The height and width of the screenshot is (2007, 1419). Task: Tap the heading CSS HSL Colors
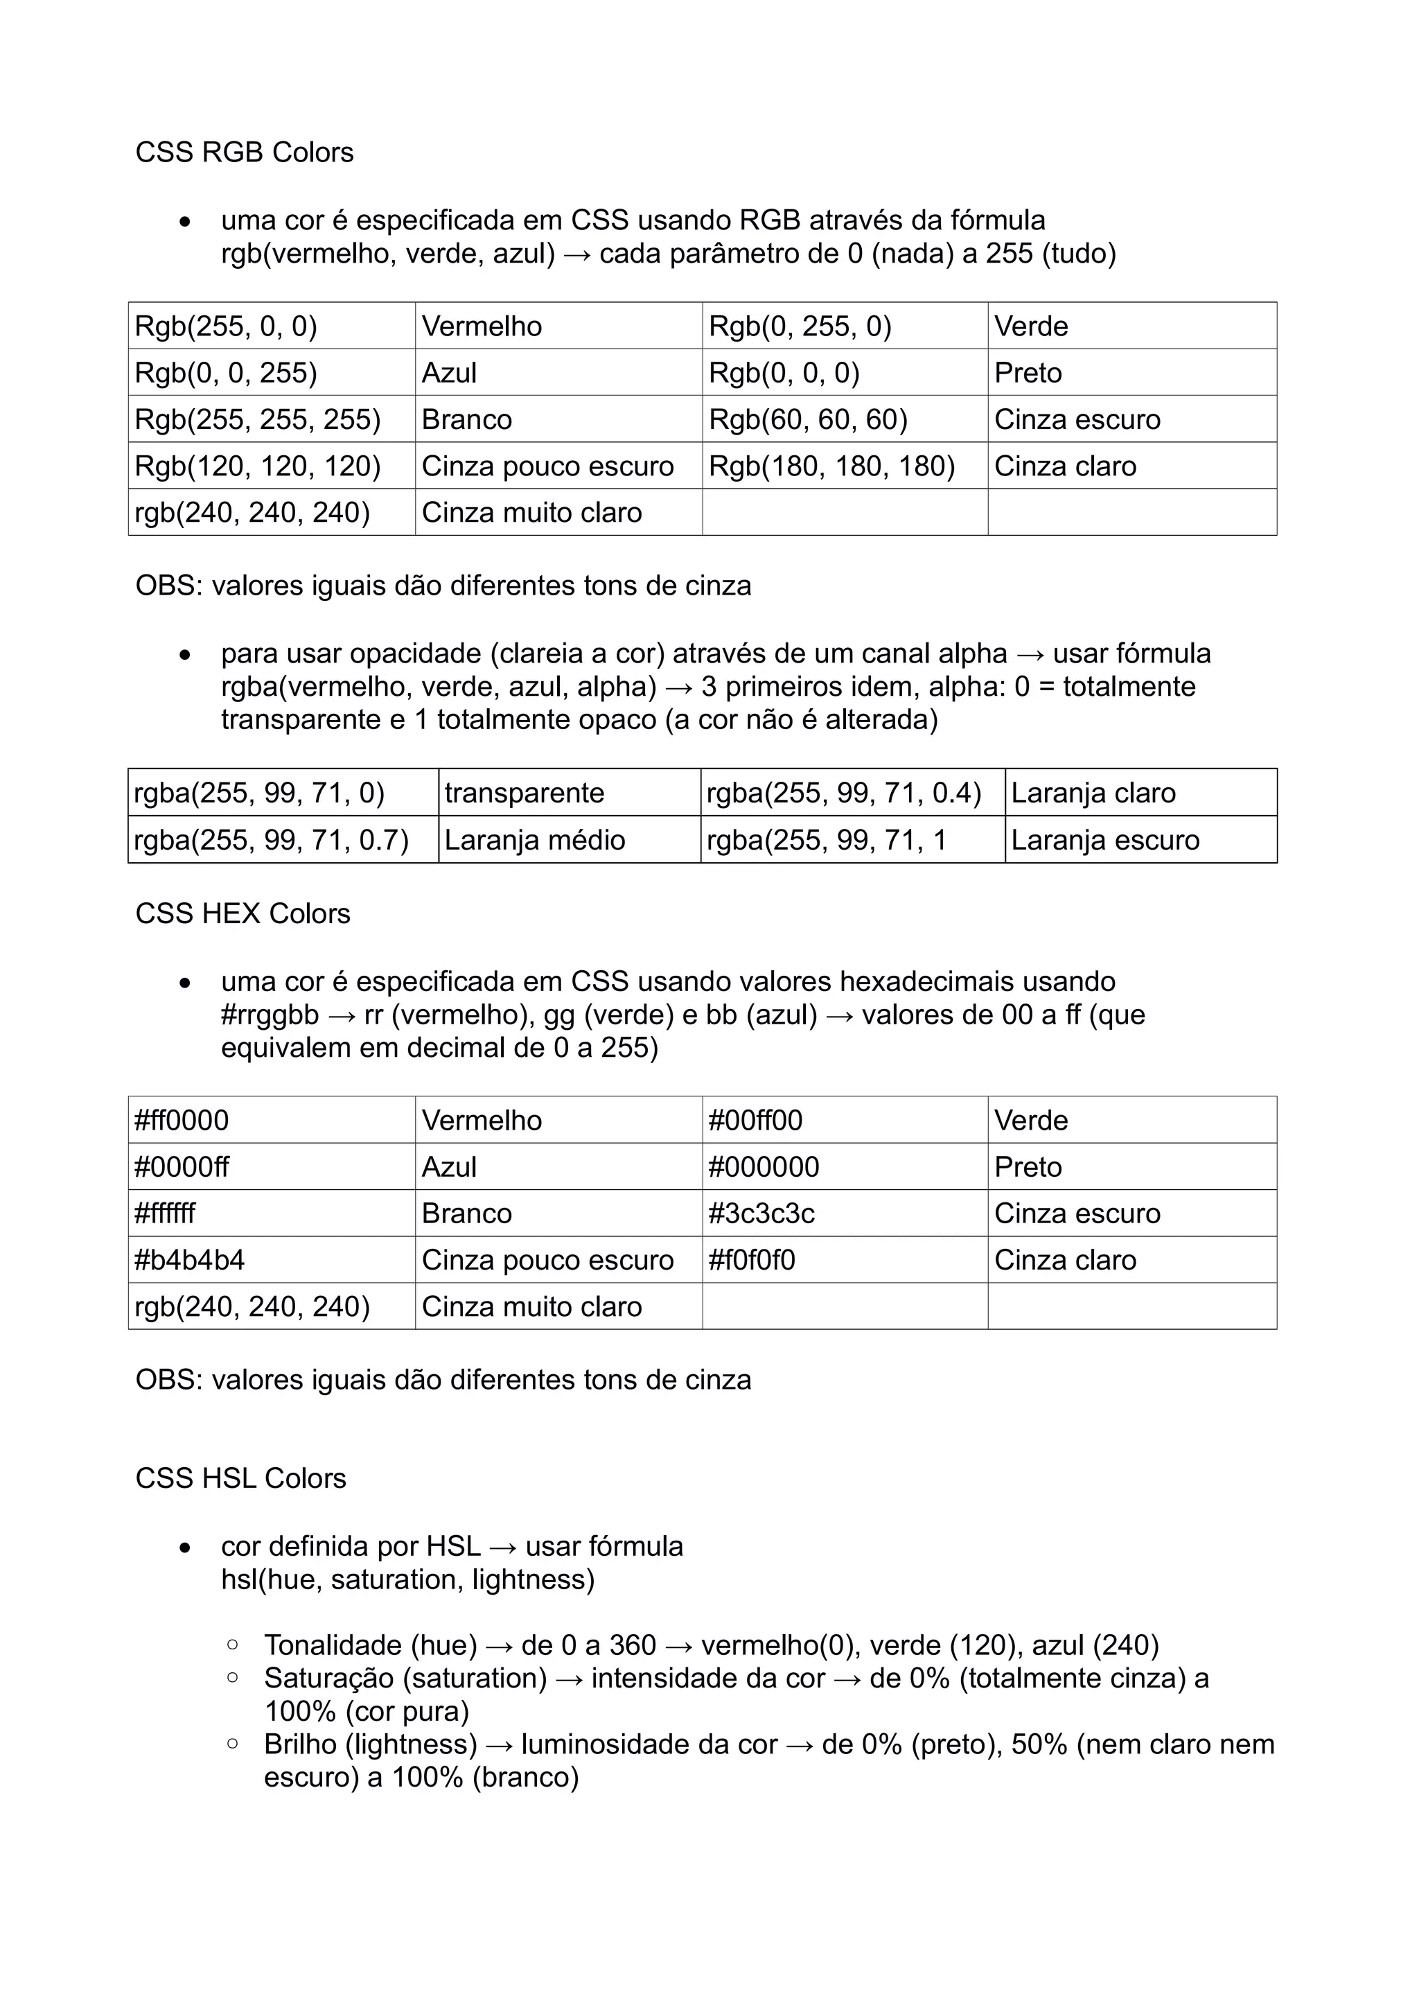point(240,1478)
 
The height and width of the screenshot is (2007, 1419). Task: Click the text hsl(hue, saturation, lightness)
point(407,1579)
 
